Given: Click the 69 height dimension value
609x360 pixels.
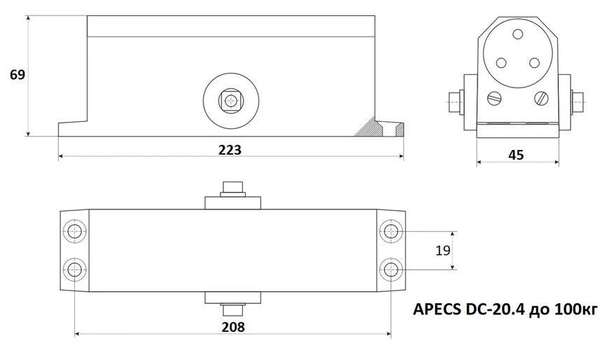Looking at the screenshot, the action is [17, 74].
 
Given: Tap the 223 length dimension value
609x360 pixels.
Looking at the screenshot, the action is [230, 150].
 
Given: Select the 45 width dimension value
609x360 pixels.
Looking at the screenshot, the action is [516, 155].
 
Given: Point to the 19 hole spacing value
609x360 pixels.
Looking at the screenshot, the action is [443, 250].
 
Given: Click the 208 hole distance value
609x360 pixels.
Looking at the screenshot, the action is [233, 327].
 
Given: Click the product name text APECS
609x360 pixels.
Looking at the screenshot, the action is [437, 310].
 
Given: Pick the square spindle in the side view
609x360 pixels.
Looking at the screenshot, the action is [231, 101].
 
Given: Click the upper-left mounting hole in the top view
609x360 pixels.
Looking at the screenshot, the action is [75, 231].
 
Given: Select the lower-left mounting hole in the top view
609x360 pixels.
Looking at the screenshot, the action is [75, 269].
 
